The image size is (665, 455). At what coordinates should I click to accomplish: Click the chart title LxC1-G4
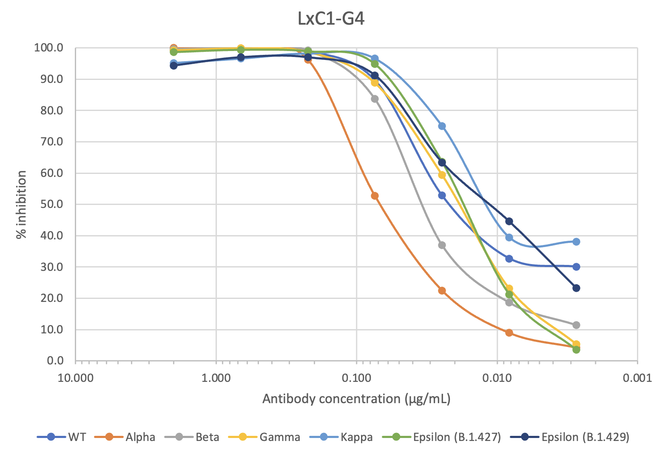[331, 19]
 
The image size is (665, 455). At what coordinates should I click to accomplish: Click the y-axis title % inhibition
[21, 204]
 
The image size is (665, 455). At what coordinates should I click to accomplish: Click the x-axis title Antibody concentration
[356, 399]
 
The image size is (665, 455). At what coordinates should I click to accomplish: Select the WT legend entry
[77, 437]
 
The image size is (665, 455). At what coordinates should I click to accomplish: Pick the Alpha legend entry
[140, 437]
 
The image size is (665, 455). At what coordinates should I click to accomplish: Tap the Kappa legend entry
[356, 437]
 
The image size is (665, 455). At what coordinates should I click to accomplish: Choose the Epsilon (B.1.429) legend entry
[585, 437]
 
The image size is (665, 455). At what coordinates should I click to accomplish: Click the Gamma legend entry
[279, 437]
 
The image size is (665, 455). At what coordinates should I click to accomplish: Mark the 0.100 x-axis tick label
[356, 378]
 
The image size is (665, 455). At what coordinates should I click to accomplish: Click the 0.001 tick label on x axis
[637, 378]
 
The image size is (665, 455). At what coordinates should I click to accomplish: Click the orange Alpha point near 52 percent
[375, 196]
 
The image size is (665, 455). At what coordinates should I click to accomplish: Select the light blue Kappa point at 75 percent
[442, 126]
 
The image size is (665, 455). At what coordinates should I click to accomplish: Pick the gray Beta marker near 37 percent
[442, 245]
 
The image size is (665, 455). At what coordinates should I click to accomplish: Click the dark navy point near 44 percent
[509, 221]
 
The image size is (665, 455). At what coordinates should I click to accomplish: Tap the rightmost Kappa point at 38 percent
[576, 242]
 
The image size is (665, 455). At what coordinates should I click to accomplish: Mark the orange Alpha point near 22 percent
[442, 290]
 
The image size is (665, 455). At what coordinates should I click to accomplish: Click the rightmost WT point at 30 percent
[576, 267]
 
